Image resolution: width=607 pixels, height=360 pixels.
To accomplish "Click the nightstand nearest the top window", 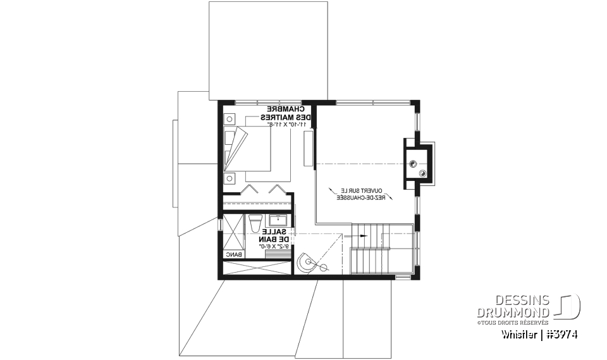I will [x=229, y=118].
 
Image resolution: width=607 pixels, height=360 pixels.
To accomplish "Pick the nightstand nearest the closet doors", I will [x=229, y=177].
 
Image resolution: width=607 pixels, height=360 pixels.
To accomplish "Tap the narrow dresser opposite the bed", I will [x=309, y=149].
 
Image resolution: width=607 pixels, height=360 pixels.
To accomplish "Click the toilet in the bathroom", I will [x=255, y=223].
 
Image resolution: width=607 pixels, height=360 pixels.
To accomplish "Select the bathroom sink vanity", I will [x=278, y=221].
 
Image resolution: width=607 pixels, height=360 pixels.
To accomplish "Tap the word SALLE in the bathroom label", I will [x=281, y=232].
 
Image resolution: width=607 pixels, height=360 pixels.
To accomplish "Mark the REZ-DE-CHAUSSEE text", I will [x=358, y=197].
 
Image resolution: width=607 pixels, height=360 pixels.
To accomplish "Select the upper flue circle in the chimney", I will [x=412, y=163].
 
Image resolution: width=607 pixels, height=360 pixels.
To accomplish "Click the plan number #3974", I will [x=561, y=334].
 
